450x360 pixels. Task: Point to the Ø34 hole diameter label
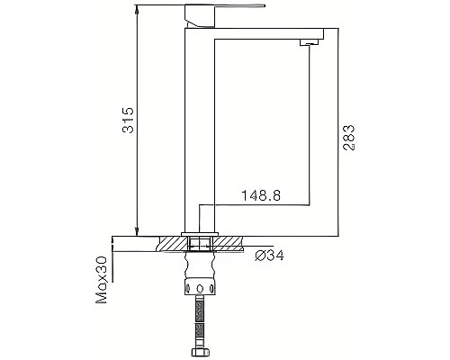click(271, 255)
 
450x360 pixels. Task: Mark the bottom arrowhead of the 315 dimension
click(137, 230)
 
